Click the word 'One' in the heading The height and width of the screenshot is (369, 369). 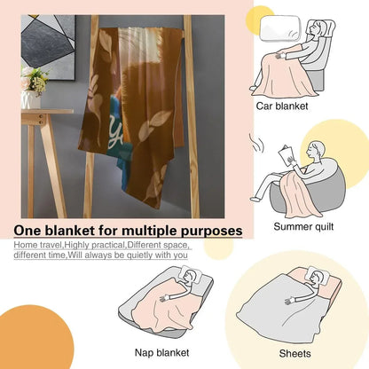tap(31, 232)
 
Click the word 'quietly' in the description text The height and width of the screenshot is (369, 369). tap(143, 255)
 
